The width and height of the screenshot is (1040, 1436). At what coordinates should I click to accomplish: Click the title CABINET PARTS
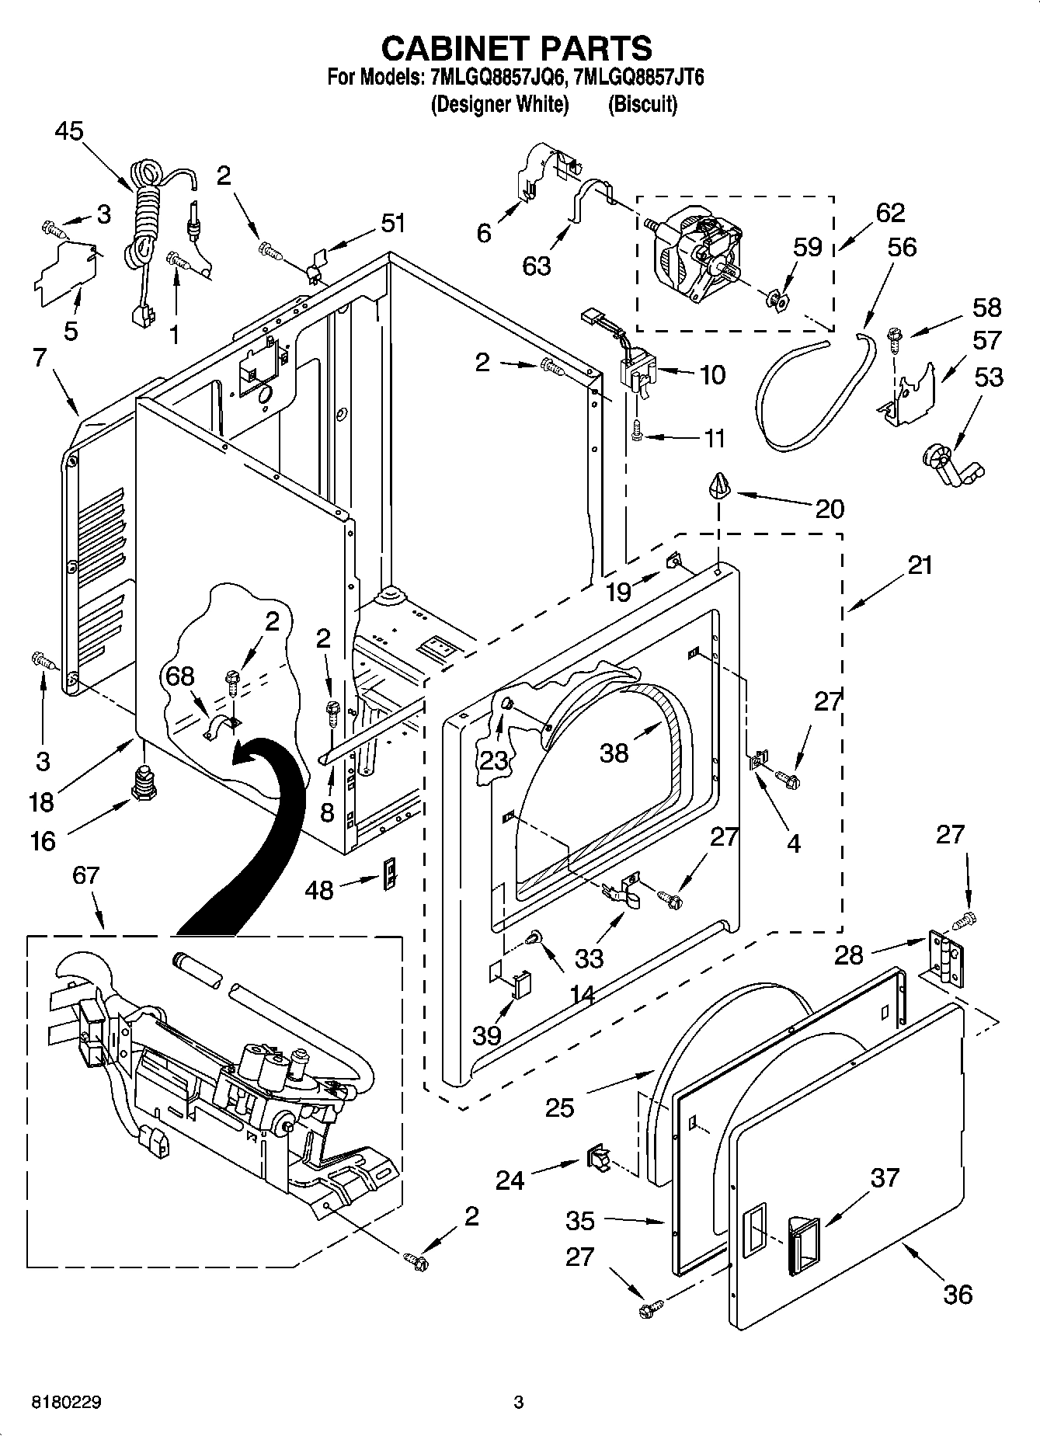click(x=517, y=48)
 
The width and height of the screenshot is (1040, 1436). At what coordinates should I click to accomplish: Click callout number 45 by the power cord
click(x=69, y=132)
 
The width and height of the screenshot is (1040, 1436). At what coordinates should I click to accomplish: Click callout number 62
click(x=890, y=213)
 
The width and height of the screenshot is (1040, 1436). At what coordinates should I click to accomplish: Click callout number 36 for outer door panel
click(x=957, y=1294)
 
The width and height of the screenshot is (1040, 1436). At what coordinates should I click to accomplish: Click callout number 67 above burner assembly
click(x=85, y=875)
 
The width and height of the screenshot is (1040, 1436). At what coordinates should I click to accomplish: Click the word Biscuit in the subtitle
click(x=642, y=104)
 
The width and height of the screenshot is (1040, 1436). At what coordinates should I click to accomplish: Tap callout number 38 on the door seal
click(x=614, y=752)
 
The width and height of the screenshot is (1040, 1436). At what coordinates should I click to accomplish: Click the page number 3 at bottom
click(x=519, y=1403)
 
